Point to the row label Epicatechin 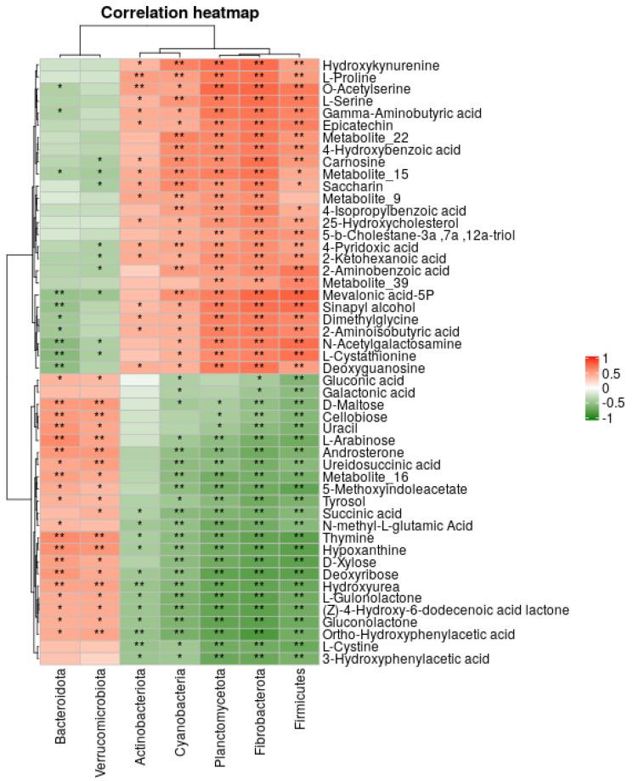[351, 125]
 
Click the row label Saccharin [348, 185]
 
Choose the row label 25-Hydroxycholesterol [380, 222]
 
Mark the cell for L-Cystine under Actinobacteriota [139, 646]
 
